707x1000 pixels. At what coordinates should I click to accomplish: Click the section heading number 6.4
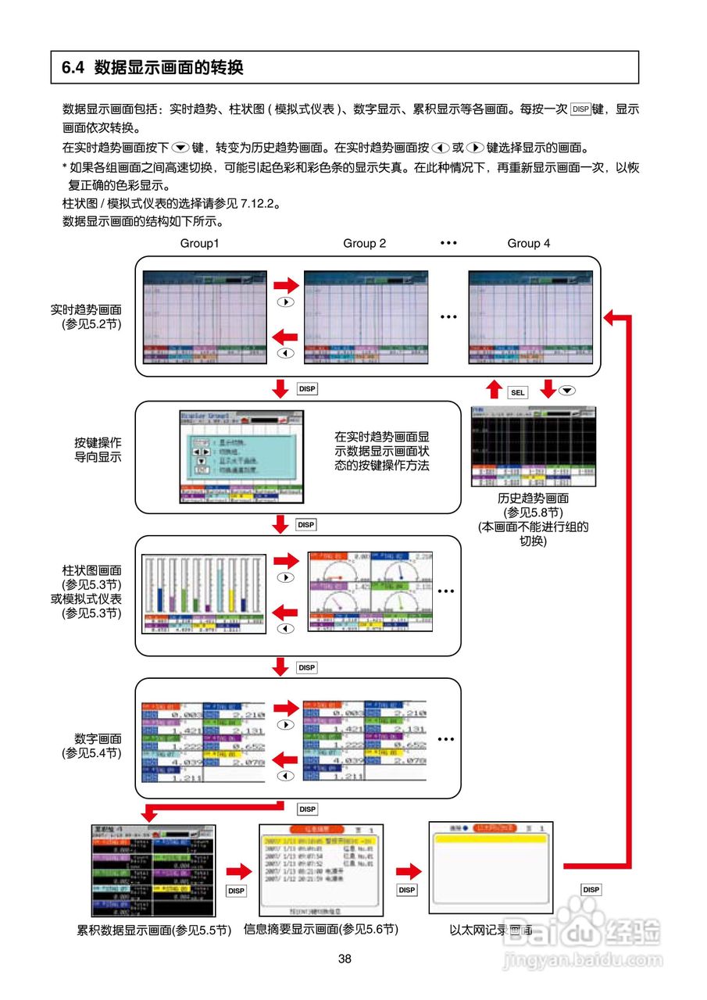click(x=72, y=68)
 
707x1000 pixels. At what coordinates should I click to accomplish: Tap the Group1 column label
click(x=199, y=243)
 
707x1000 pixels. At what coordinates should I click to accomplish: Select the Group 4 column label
click(x=528, y=243)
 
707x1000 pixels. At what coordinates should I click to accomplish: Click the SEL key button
click(x=516, y=392)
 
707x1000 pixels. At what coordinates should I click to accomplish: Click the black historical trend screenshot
click(x=534, y=446)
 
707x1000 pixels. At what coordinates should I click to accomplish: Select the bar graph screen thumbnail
click(x=203, y=593)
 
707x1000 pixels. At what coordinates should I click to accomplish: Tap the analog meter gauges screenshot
click(x=370, y=591)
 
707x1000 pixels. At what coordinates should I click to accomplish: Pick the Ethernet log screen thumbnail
click(x=491, y=867)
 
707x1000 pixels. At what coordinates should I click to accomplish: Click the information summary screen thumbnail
click(x=320, y=869)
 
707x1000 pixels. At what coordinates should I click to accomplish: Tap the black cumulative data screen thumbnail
click(x=153, y=870)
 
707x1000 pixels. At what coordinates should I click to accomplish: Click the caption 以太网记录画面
click(x=491, y=930)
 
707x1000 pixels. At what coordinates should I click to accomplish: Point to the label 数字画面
click(x=98, y=738)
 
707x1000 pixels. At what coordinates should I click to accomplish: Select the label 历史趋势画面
click(x=534, y=498)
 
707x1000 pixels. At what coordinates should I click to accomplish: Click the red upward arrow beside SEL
click(x=493, y=389)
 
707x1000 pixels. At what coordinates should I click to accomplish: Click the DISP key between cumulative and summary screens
click(x=236, y=890)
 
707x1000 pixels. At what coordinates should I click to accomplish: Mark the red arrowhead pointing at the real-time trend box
click(x=611, y=316)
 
